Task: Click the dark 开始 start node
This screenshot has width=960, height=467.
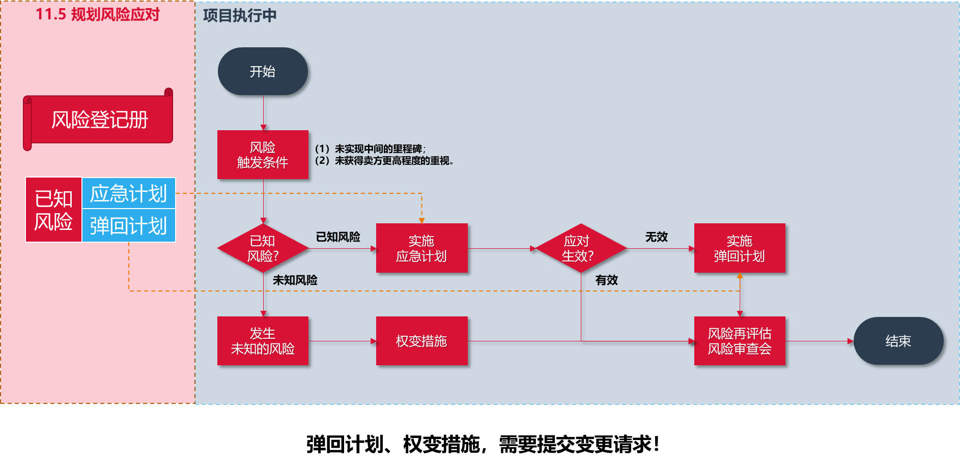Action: coord(263,71)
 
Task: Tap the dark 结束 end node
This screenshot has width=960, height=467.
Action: coord(898,341)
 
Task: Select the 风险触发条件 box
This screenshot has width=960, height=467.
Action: coord(263,155)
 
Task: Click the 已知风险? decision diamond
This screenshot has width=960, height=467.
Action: coord(263,248)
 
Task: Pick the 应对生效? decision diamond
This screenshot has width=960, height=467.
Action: coord(580,248)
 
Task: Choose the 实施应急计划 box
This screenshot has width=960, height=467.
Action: coord(421,248)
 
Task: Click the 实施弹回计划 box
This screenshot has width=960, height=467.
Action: coord(740,248)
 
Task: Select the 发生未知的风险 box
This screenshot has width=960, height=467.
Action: coord(263,341)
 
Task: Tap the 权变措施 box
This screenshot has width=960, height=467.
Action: coord(421,341)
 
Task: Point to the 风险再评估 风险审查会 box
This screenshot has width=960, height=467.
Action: coord(740,341)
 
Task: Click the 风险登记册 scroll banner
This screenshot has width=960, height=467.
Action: coord(100,120)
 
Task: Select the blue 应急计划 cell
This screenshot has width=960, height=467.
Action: coord(129,193)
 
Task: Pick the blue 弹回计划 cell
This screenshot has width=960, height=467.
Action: coord(129,225)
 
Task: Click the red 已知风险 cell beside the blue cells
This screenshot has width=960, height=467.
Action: coord(53,210)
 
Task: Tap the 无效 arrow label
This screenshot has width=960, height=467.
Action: coord(657,237)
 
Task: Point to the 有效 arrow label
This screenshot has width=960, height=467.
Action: coord(607,280)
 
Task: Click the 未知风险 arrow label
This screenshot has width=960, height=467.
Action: coord(295,280)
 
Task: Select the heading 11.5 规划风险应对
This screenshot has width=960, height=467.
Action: coord(97,14)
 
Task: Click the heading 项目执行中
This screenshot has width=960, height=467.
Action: coord(240,15)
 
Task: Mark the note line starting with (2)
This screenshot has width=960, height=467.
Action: coord(384,161)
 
